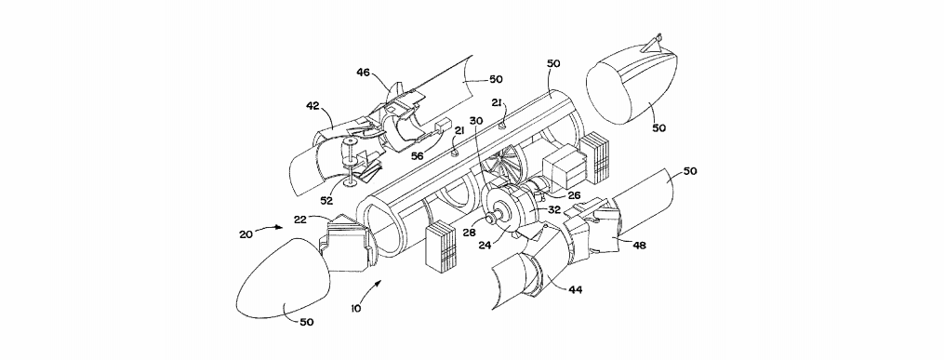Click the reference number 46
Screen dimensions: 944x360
363,73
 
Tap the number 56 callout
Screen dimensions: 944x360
417,155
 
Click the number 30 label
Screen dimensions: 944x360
477,120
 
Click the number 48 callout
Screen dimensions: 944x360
639,245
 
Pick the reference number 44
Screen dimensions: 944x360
575,289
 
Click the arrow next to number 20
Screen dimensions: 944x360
271,228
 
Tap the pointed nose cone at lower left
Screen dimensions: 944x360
282,276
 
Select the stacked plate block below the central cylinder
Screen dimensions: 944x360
443,247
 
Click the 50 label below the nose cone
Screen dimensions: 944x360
306,322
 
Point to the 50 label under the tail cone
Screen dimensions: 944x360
658,127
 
